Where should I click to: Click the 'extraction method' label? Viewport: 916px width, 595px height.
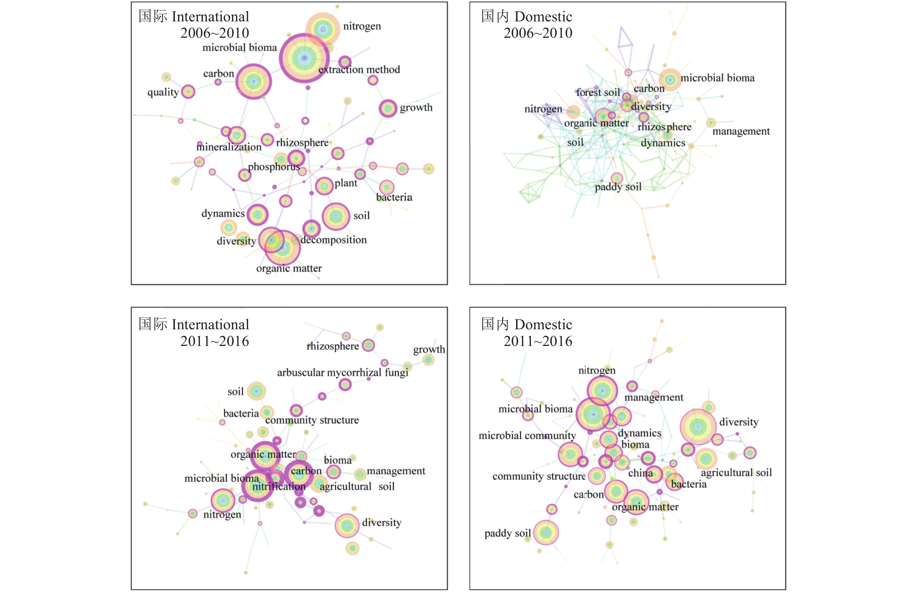[359, 70]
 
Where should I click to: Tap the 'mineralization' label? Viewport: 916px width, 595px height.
[229, 147]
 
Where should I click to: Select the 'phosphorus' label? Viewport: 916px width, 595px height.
[274, 167]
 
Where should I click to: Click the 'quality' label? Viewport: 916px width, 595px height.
[163, 92]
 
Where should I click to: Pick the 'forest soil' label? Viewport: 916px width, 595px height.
[598, 92]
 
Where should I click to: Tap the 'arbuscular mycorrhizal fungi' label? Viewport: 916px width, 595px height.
[342, 372]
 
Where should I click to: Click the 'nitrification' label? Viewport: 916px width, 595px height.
[279, 486]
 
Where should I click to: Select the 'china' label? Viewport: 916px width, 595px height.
[640, 473]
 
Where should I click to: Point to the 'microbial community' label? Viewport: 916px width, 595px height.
[527, 436]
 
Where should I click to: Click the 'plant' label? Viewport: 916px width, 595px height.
[345, 183]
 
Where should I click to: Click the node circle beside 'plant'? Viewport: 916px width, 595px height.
[324, 186]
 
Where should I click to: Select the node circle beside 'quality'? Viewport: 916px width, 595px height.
[188, 92]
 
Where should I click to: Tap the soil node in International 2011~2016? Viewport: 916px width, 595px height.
[256, 391]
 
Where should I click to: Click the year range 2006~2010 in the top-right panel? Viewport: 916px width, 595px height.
[538, 33]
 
